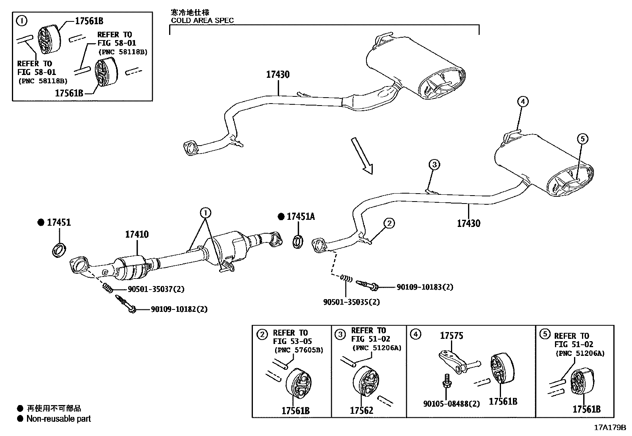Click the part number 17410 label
tap(137, 234)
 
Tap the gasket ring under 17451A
tap(298, 242)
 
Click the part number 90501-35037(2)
tap(156, 289)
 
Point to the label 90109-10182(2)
tap(179, 309)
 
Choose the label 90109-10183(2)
tap(425, 287)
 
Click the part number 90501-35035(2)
tap(351, 302)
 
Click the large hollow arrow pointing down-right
tap(362, 156)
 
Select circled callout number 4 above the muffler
tap(523, 102)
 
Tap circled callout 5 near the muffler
tap(582, 139)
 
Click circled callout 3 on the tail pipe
tap(434, 165)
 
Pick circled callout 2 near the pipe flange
tap(389, 223)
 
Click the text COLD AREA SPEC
tap(202, 20)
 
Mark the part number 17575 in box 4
tap(451, 336)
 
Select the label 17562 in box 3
tap(361, 410)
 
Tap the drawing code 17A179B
tap(610, 428)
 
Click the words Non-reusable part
tap(58, 419)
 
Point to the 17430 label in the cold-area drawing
tap(277, 75)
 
